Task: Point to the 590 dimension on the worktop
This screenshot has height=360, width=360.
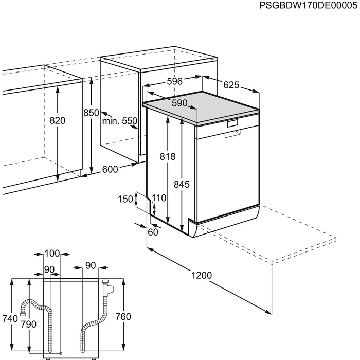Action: tap(179, 103)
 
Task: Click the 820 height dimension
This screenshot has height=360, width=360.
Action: tap(58, 120)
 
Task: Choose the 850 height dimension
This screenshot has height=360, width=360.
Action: tap(91, 113)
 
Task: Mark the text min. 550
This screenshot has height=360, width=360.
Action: tap(120, 121)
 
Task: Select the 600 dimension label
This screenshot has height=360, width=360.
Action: tap(110, 169)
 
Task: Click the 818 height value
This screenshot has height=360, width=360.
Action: tap(168, 157)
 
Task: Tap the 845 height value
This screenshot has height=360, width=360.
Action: tap(182, 184)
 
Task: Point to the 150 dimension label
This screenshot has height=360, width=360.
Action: tap(124, 200)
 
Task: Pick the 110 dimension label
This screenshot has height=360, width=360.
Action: tap(160, 198)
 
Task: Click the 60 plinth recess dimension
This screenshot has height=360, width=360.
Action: tap(153, 232)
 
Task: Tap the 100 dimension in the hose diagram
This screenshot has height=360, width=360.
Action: tap(52, 254)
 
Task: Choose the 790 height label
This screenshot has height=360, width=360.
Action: tap(29, 324)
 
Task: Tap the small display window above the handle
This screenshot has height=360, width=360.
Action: tap(233, 123)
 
